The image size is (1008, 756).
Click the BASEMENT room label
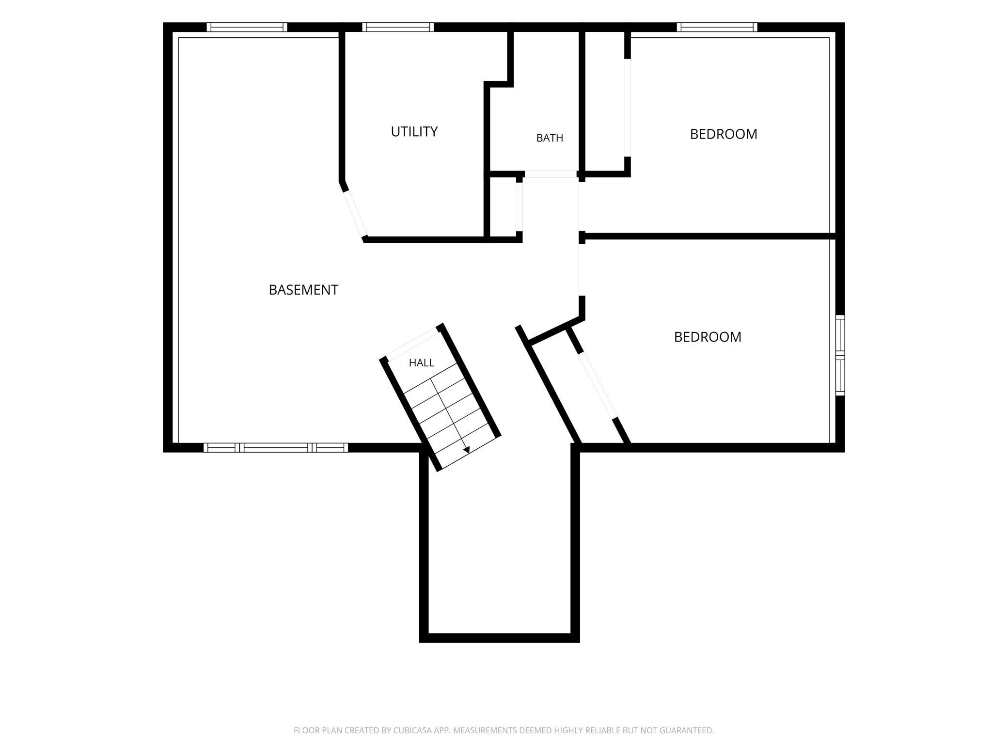click(303, 290)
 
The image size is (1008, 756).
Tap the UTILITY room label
click(414, 132)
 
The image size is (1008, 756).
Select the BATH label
click(550, 138)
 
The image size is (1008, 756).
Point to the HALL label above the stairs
click(422, 362)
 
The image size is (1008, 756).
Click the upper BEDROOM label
click(724, 134)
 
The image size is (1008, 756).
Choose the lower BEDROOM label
click(708, 337)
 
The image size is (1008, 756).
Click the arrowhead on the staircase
click(467, 450)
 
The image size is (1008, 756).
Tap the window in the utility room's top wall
click(398, 27)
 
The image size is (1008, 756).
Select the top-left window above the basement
click(247, 27)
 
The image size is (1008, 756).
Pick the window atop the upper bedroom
click(717, 27)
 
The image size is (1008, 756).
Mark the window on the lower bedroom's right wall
click(840, 355)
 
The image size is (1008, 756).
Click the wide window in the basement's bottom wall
click(276, 447)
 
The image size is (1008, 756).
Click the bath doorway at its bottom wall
click(551, 174)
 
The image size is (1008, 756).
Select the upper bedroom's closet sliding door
click(628, 108)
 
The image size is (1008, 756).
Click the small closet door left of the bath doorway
click(519, 207)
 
